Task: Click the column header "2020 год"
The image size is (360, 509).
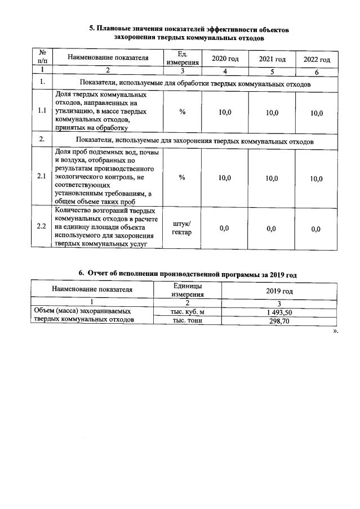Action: pos(224,59)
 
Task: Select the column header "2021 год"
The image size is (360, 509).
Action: pos(272,59)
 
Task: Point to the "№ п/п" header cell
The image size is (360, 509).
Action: pos(42,57)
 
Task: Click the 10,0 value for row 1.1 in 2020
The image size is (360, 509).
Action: pos(224,113)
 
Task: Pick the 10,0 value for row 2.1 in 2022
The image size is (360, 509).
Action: pos(316,179)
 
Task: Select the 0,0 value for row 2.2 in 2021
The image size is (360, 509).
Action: pos(272,228)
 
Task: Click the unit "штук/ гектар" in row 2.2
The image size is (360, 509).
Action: pos(182,228)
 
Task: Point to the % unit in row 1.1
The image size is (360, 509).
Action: pos(182,113)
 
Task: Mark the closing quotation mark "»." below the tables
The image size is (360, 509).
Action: pos(335,331)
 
